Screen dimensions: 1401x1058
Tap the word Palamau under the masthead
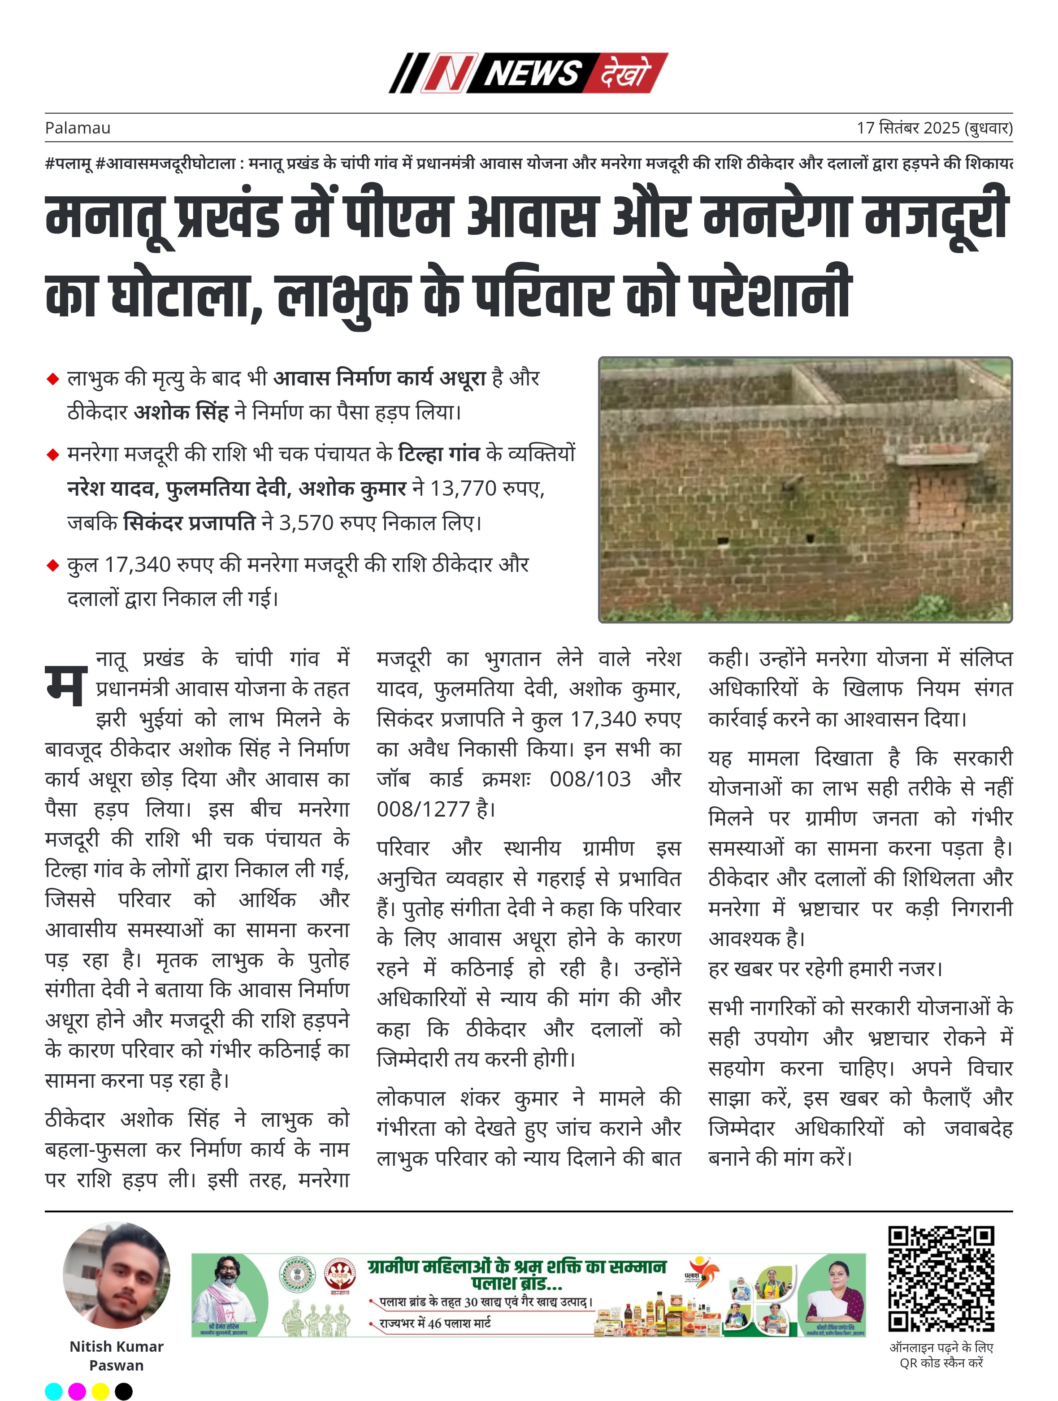tap(77, 128)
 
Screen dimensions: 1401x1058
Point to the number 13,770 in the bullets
tap(463, 489)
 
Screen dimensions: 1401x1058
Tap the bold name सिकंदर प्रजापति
tap(189, 523)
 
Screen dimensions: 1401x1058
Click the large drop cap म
tap(66, 685)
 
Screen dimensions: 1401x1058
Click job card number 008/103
tap(590, 778)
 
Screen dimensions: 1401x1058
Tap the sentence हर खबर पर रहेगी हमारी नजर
tap(825, 969)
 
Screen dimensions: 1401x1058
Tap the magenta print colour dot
tap(77, 1392)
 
